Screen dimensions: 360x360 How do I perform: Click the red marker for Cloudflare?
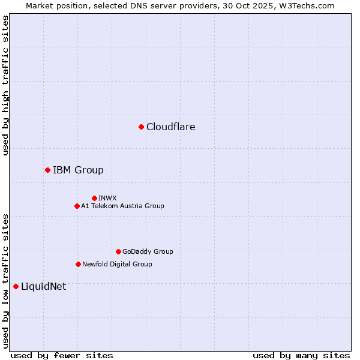tap(141, 127)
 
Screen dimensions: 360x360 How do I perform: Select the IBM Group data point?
tap(47, 170)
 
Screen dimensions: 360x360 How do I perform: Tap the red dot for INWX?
tap(94, 198)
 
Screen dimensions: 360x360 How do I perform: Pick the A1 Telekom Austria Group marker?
tap(77, 206)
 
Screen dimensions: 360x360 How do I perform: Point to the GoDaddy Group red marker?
tap(118, 251)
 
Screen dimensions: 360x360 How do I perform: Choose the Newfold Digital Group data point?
tap(78, 264)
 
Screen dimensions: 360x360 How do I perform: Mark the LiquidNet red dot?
tap(16, 286)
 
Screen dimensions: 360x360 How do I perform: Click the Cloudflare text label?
tap(170, 127)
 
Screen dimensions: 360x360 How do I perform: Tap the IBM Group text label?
tap(78, 170)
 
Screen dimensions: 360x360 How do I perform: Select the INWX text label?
tap(107, 198)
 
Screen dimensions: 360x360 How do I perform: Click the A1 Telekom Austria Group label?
tap(122, 206)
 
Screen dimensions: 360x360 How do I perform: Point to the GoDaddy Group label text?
tap(148, 251)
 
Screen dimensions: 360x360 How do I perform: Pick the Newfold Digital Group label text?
tap(117, 264)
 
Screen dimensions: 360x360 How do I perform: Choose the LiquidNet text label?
tap(43, 286)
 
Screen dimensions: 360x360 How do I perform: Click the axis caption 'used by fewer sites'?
tap(62, 355)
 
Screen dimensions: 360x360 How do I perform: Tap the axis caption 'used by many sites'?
tap(301, 355)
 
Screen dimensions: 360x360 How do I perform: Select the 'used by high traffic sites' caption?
tap(5, 85)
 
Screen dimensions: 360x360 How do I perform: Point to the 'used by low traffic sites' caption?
tap(5, 280)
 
